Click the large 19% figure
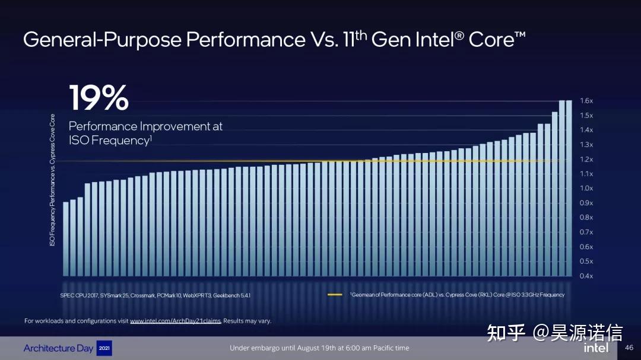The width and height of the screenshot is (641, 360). pyautogui.click(x=99, y=98)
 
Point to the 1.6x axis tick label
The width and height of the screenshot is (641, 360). pyautogui.click(x=586, y=101)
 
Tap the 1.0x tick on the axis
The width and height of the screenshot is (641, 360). pyautogui.click(x=586, y=189)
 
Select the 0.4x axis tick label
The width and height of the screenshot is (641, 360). pyautogui.click(x=586, y=276)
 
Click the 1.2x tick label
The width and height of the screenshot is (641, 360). pyautogui.click(x=586, y=160)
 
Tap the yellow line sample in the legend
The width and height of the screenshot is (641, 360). pyautogui.click(x=335, y=295)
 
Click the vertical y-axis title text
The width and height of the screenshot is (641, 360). pyautogui.click(x=52, y=180)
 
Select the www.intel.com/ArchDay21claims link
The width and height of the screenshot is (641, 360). pyautogui.click(x=175, y=321)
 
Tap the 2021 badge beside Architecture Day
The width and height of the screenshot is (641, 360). pyautogui.click(x=104, y=348)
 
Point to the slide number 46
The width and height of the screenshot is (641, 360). pyautogui.click(x=629, y=348)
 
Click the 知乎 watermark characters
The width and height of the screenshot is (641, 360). pyautogui.click(x=506, y=333)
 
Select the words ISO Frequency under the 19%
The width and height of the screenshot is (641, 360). pyautogui.click(x=107, y=141)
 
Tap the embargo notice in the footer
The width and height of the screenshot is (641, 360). pyautogui.click(x=319, y=348)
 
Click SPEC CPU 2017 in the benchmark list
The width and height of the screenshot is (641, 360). pyautogui.click(x=79, y=295)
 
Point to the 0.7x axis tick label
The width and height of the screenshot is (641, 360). pyautogui.click(x=586, y=232)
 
